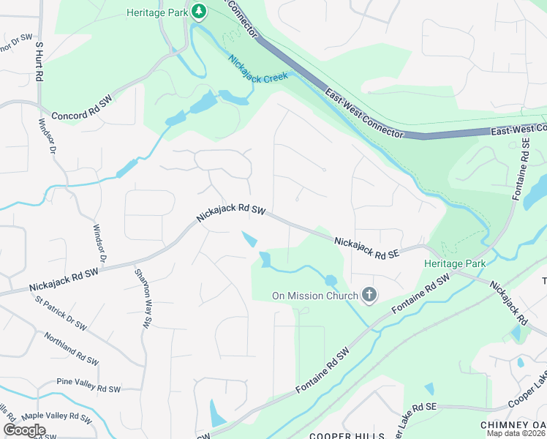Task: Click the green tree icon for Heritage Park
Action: pos(198,12)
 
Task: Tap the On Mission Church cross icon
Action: pos(370,295)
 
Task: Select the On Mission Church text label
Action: pos(314,296)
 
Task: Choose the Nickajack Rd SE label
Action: pos(367,246)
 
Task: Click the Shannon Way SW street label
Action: pos(144,296)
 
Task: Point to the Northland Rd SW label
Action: pos(71,349)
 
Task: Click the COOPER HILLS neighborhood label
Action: pos(347,435)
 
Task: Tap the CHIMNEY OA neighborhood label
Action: pos(513,425)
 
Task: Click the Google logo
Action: pos(24,430)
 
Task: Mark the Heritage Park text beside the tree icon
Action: pos(156,12)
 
